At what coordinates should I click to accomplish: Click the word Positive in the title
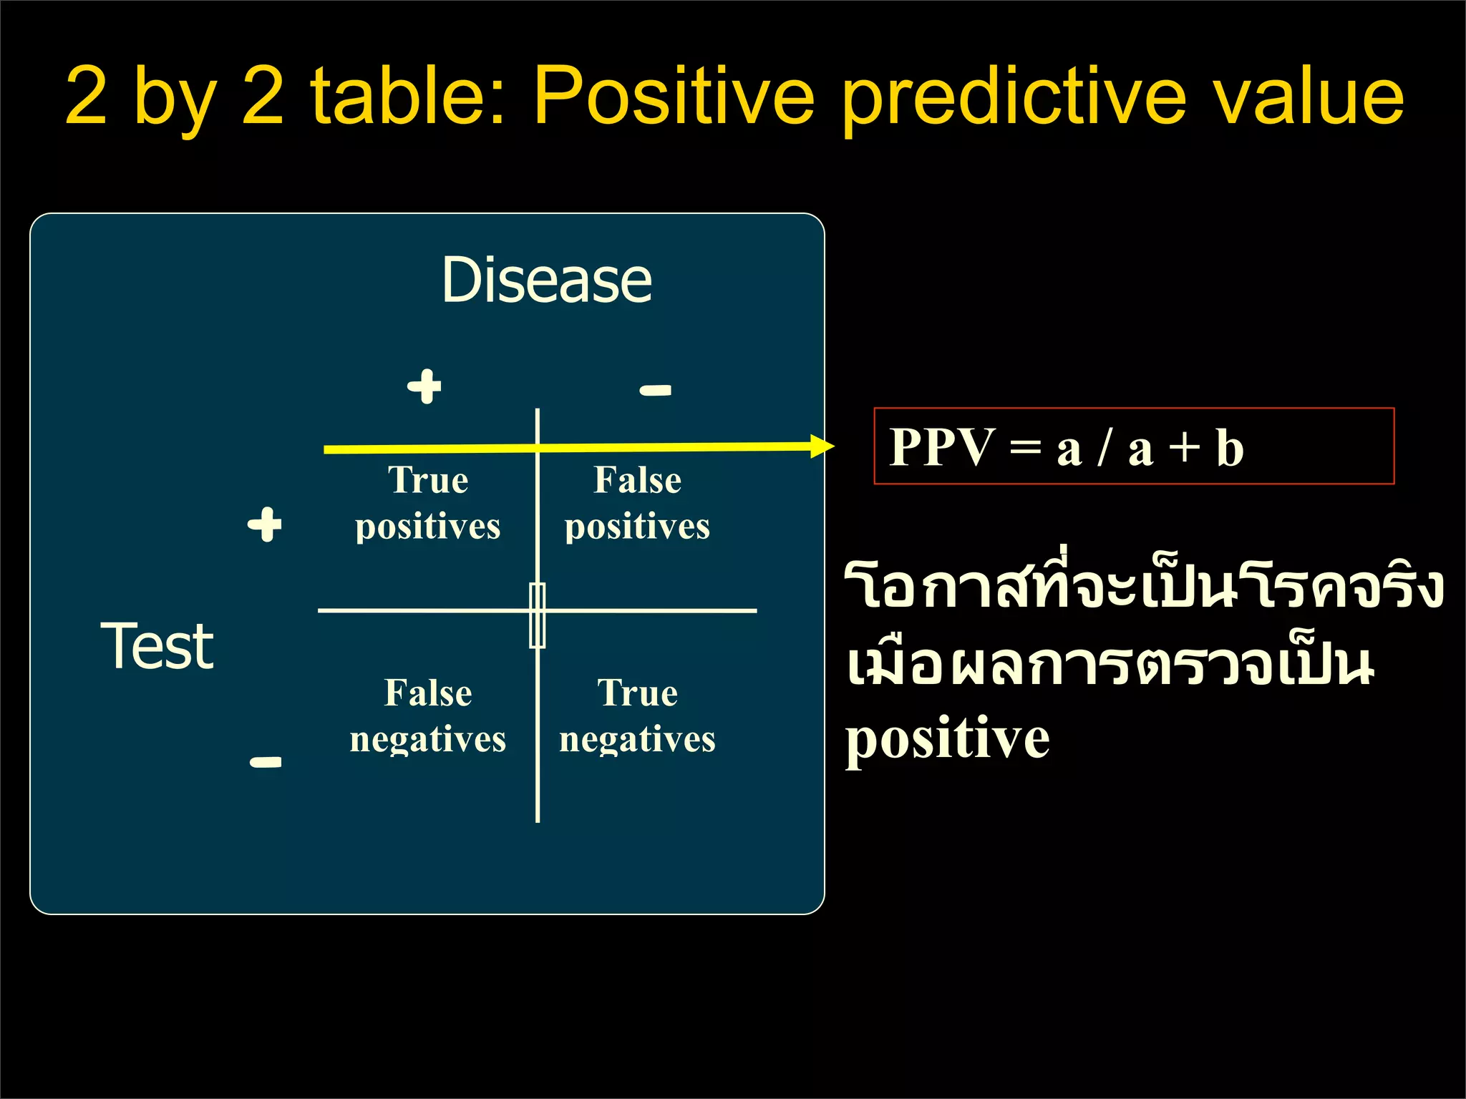[x=674, y=97]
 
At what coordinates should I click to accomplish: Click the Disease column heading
[x=547, y=280]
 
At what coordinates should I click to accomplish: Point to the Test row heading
[x=157, y=645]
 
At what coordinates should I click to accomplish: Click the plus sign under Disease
[x=424, y=386]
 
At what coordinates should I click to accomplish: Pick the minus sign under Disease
[x=655, y=390]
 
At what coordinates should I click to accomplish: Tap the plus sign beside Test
[x=265, y=524]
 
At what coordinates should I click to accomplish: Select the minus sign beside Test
[x=266, y=761]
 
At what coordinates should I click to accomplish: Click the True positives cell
[x=428, y=503]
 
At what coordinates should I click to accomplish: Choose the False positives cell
[x=637, y=503]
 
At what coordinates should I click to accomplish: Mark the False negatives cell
[x=428, y=715]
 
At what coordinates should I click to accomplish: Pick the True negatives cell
[x=637, y=715]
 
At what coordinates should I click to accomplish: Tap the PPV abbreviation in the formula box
[x=941, y=447]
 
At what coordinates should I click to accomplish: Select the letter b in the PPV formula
[x=1230, y=448]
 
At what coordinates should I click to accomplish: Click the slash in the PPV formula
[x=1105, y=448]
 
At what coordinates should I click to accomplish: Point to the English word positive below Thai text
[x=947, y=739]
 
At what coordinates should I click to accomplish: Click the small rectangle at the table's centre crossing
[x=538, y=615]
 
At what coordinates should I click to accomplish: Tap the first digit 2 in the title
[x=86, y=97]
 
